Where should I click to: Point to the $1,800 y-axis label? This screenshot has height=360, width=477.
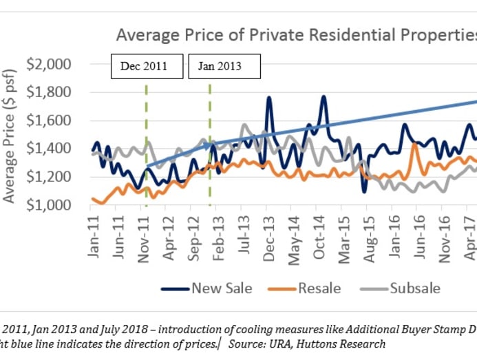click(50, 92)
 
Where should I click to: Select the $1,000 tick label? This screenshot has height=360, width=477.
click(50, 205)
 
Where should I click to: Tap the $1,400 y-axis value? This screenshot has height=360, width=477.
click(50, 149)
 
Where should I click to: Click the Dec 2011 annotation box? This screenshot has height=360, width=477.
click(147, 67)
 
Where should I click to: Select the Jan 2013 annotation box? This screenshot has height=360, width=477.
click(224, 67)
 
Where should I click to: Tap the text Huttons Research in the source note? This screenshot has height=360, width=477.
click(348, 343)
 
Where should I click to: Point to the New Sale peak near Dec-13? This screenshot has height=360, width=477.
click(268, 97)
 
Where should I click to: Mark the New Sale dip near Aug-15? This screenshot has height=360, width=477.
click(365, 191)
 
